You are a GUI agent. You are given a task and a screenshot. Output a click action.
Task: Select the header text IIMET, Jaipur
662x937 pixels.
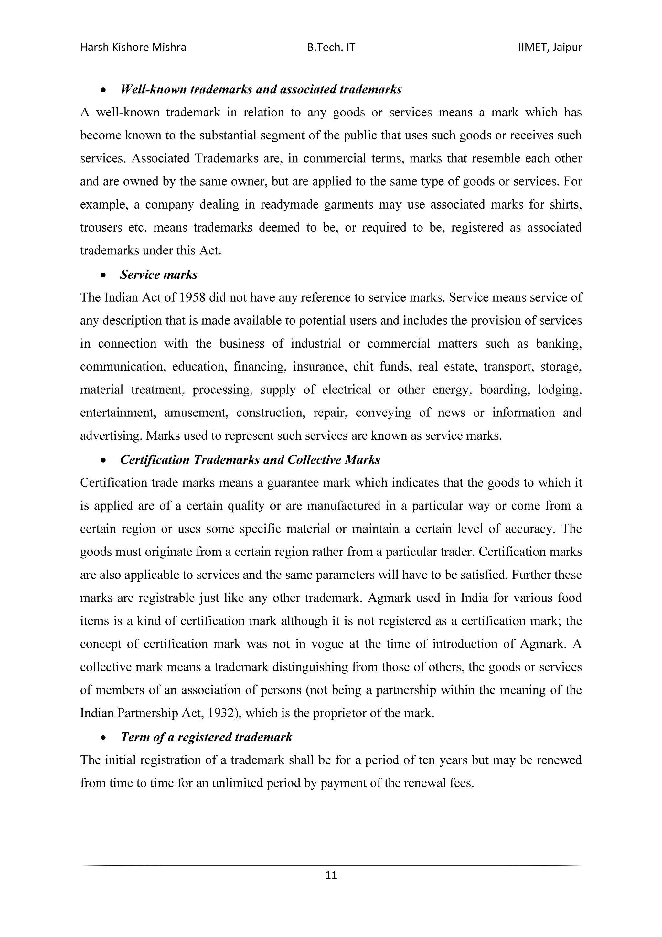(550, 48)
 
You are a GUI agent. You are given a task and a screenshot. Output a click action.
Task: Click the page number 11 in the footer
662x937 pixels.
(331, 875)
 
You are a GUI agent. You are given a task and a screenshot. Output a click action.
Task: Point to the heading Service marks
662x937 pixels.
(158, 275)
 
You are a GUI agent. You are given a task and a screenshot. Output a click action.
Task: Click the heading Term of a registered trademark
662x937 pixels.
(206, 737)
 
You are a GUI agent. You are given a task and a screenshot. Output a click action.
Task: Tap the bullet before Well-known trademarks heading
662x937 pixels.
(104, 90)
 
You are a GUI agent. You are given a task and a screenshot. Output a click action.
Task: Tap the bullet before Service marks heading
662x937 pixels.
(104, 276)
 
